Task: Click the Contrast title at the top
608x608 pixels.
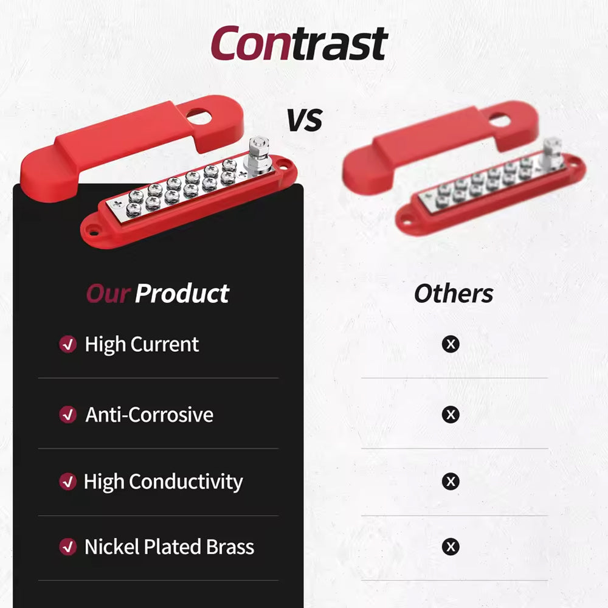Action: (x=299, y=43)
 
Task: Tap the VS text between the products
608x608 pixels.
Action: (x=305, y=120)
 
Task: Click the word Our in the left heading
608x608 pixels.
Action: (x=108, y=294)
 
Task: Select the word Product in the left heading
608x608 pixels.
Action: (x=182, y=294)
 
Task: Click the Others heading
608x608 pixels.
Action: (x=454, y=294)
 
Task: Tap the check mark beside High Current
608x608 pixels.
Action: (x=68, y=344)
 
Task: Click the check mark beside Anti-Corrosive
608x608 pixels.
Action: (x=68, y=415)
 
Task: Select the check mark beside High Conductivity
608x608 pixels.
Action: (x=68, y=482)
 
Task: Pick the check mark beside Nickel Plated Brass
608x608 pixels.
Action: (x=68, y=547)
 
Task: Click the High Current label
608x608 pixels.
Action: (x=142, y=345)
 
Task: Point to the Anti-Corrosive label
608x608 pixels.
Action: (x=150, y=415)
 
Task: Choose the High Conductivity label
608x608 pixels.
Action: (x=163, y=482)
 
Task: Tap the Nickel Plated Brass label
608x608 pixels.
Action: (x=170, y=547)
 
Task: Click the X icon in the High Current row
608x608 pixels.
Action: (x=451, y=344)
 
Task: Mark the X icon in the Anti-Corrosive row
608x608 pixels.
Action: (x=451, y=415)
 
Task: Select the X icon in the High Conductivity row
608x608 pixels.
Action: (x=451, y=482)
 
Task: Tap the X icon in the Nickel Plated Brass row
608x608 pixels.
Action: (x=451, y=547)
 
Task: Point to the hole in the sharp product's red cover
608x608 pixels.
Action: (x=199, y=116)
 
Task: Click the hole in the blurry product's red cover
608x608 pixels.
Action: (x=500, y=120)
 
